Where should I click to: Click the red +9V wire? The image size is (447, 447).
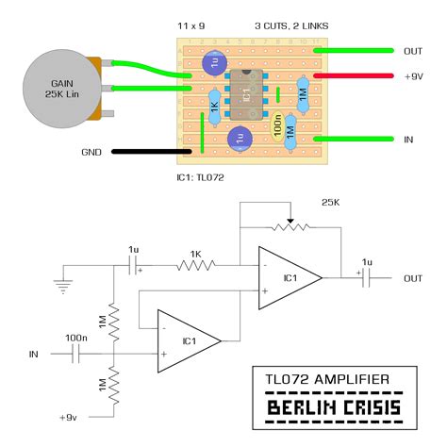click(x=354, y=75)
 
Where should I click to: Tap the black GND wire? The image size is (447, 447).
click(x=152, y=152)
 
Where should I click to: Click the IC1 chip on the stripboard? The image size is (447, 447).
click(x=247, y=94)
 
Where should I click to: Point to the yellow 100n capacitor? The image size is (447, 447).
click(x=277, y=126)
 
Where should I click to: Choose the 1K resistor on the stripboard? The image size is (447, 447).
click(x=215, y=108)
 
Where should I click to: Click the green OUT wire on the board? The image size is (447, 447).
click(x=354, y=50)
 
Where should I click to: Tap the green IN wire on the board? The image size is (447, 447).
click(x=354, y=139)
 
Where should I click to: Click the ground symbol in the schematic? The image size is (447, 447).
click(x=63, y=286)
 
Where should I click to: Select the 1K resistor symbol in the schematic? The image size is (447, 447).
click(x=196, y=265)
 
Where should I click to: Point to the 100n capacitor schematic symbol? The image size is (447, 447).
click(x=75, y=354)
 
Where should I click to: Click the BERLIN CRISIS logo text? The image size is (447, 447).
click(x=334, y=407)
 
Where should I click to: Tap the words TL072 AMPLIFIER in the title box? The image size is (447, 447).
click(x=327, y=379)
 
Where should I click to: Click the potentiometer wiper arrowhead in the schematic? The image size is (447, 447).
click(x=290, y=221)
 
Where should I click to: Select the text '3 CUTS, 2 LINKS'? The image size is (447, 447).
click(x=291, y=26)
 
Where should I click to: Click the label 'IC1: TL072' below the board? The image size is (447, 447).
click(x=200, y=177)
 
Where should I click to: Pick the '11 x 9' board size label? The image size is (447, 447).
click(x=191, y=25)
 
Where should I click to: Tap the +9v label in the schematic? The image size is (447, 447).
click(x=68, y=418)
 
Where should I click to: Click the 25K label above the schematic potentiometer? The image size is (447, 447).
click(x=330, y=203)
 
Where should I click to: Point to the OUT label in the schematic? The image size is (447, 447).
click(x=413, y=278)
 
